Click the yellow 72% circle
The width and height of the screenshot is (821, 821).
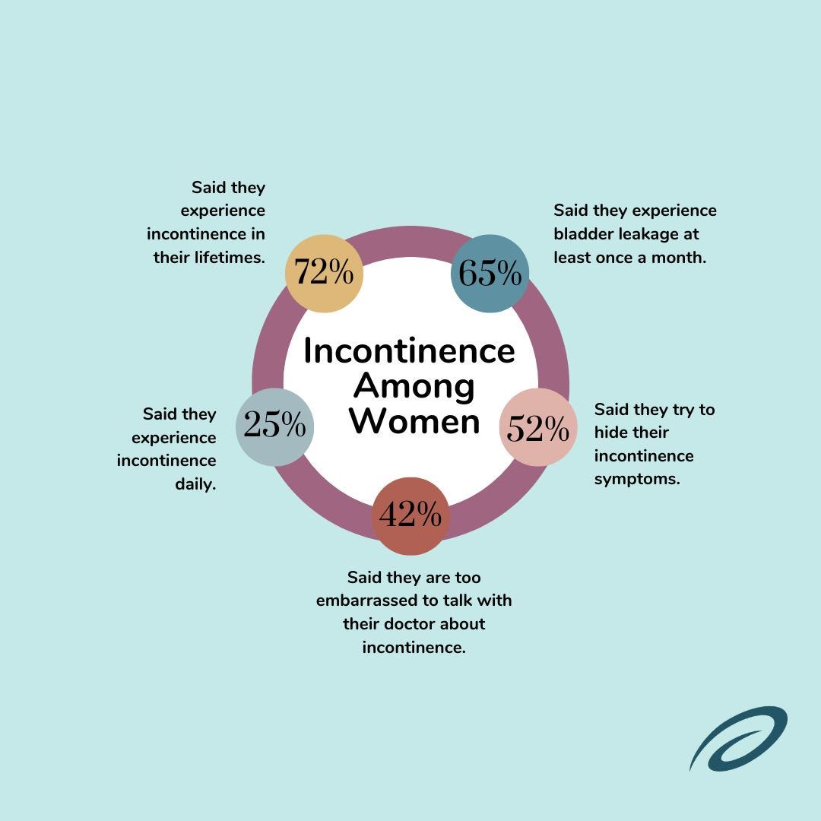click(x=324, y=274)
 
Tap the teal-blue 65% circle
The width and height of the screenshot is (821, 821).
click(x=490, y=274)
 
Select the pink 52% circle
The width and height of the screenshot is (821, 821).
click(x=538, y=427)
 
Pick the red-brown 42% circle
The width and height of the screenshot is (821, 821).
click(x=410, y=515)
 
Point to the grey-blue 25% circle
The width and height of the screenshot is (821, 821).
click(x=275, y=427)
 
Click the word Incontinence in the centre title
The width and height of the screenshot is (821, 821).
click(x=410, y=350)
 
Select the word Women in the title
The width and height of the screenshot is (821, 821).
click(x=415, y=421)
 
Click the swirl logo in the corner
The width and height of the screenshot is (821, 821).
click(x=738, y=738)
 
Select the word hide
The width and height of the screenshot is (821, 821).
click(x=610, y=432)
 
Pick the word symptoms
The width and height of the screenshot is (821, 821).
click(x=637, y=480)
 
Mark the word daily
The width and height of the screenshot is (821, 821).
click(x=196, y=484)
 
